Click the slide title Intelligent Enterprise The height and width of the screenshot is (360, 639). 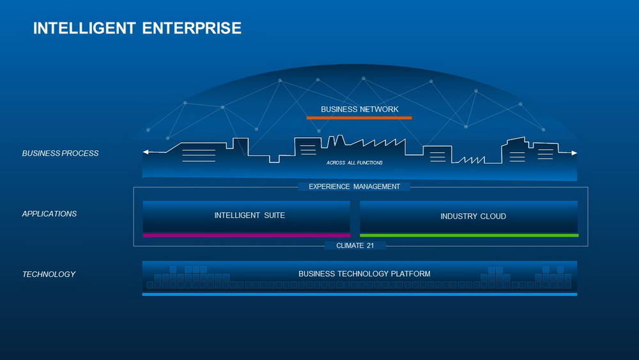(137, 28)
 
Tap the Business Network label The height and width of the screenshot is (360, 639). (359, 109)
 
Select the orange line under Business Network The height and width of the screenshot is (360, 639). (359, 118)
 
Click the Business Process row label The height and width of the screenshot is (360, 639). (60, 153)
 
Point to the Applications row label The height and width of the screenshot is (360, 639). (49, 214)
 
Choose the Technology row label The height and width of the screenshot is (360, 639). (49, 274)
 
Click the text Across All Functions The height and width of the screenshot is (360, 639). (355, 163)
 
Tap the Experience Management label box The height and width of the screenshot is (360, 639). (354, 187)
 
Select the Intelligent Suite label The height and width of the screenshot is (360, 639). (249, 215)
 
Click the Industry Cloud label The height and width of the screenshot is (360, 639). (473, 216)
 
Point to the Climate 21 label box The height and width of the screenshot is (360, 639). (355, 246)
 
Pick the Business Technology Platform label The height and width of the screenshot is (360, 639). (364, 274)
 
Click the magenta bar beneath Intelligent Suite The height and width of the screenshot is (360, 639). (246, 235)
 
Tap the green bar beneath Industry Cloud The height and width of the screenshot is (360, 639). (468, 235)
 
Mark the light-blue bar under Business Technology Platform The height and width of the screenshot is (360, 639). (359, 294)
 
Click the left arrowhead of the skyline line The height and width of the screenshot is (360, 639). (146, 152)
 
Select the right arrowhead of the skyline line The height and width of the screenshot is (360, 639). (574, 153)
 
